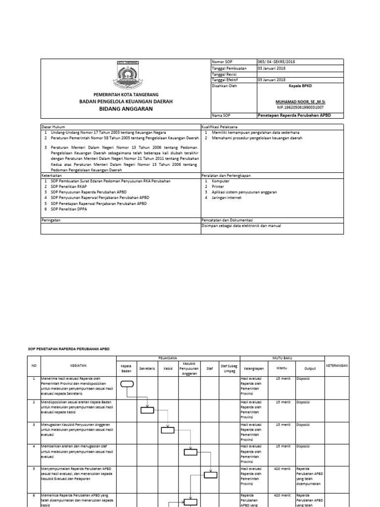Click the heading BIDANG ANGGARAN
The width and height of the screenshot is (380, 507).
tap(126, 108)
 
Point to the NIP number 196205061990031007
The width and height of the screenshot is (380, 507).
tap(301, 107)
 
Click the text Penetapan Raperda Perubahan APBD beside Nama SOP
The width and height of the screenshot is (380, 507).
tap(294, 115)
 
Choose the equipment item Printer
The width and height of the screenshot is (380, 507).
tap(218, 187)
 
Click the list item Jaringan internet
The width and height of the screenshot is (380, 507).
tap(227, 197)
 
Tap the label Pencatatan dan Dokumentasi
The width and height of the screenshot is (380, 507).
tap(227, 219)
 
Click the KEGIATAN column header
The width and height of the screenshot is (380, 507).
tap(78, 365)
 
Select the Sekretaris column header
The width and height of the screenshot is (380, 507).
tap(147, 368)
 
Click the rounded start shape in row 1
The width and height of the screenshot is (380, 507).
tap(127, 383)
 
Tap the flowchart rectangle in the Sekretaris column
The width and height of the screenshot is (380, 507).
tap(147, 409)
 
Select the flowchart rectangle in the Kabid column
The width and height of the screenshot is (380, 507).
tap(168, 430)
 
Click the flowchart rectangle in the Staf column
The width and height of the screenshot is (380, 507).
tap(211, 475)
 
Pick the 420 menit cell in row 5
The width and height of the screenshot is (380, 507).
tap(282, 468)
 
